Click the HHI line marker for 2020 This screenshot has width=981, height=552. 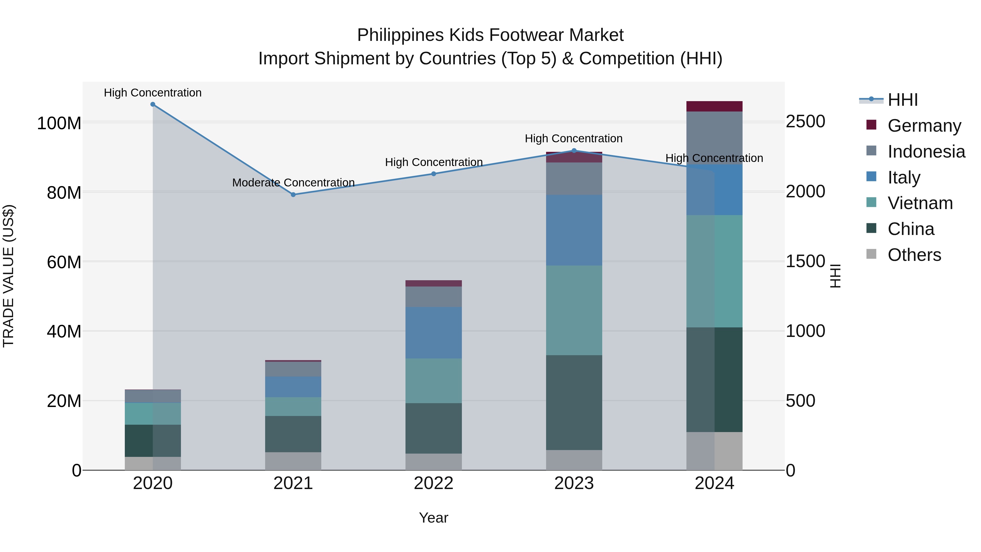click(x=153, y=104)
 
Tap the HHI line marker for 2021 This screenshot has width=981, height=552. click(x=293, y=195)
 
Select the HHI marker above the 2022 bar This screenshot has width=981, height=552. click(x=433, y=174)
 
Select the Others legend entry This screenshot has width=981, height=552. click(x=914, y=255)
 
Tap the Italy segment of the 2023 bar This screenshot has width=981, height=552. click(x=574, y=230)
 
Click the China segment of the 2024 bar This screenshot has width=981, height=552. click(x=714, y=379)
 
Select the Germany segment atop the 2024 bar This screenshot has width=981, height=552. click(x=714, y=106)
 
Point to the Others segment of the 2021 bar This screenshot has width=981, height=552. click(x=293, y=461)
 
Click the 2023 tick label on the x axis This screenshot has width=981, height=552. click(x=574, y=483)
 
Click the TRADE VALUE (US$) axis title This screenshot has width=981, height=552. click(x=8, y=276)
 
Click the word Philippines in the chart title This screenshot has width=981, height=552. click(x=400, y=35)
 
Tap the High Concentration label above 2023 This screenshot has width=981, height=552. click(x=574, y=139)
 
